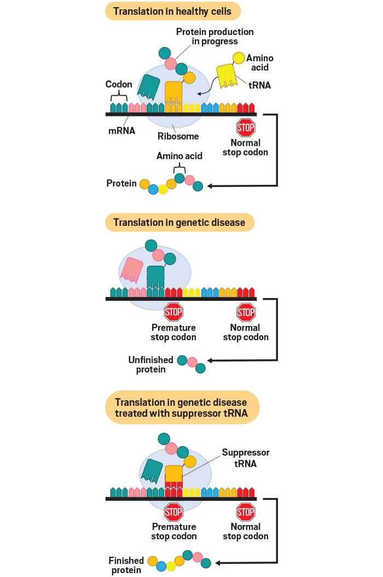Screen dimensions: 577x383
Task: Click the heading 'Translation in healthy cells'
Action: click(173, 11)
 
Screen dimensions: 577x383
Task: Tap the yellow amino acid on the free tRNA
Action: click(239, 57)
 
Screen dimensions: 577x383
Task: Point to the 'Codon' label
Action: click(119, 85)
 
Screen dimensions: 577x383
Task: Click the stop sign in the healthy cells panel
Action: click(246, 128)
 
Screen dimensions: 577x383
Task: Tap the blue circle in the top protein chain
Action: click(153, 189)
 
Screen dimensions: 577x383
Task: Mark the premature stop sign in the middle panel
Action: click(173, 312)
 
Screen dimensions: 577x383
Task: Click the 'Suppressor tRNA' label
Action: click(246, 458)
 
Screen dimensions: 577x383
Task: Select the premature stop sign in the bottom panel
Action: click(173, 512)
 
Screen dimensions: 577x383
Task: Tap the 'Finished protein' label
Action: click(126, 566)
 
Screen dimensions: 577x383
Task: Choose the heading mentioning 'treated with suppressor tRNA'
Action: click(181, 408)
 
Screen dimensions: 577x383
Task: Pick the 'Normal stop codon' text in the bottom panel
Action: click(246, 532)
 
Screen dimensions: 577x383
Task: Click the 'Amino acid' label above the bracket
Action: click(179, 156)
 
